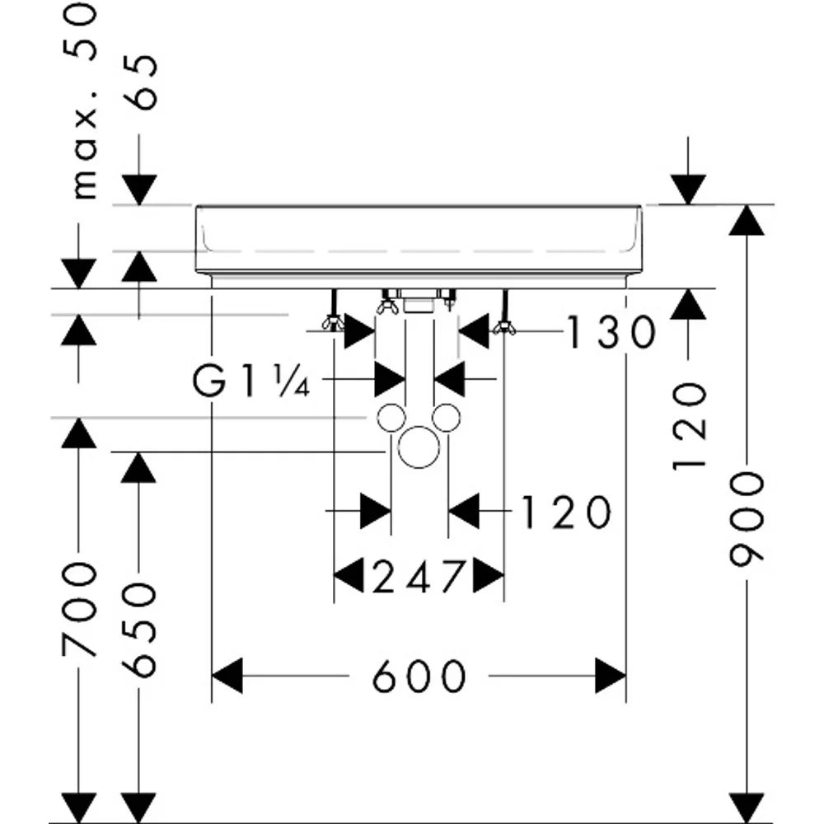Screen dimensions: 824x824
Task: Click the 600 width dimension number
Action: (419, 676)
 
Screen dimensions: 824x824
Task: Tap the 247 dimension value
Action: (419, 576)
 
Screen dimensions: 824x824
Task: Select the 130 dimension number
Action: (611, 332)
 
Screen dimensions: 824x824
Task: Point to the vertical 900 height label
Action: (747, 519)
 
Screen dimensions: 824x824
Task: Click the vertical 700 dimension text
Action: (79, 610)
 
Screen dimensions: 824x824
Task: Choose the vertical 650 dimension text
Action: (139, 629)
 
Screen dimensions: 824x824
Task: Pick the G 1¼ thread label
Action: (250, 381)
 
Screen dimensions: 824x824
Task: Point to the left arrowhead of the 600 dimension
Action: (227, 676)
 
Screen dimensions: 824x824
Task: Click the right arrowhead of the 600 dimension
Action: (611, 676)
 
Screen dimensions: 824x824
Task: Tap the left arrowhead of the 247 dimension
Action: (349, 576)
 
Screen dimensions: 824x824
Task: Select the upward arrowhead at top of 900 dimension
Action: (747, 220)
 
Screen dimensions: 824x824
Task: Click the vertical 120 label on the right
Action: (689, 426)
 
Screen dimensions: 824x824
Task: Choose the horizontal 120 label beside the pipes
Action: (566, 512)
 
